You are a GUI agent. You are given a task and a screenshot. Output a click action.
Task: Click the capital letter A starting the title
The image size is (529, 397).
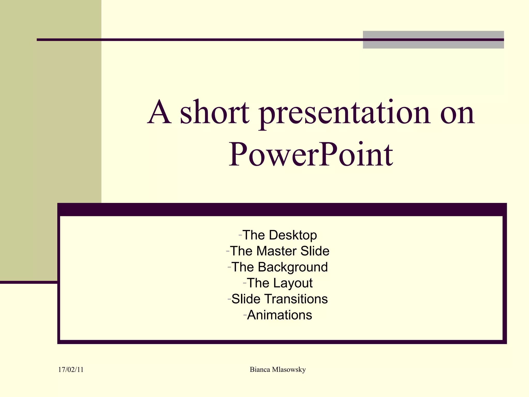[x=159, y=113]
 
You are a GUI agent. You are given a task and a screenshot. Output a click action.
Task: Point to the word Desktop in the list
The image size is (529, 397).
[x=293, y=235]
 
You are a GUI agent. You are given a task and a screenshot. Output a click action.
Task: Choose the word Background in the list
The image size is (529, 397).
[x=293, y=267]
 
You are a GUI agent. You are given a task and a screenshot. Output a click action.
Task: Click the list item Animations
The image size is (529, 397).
[x=279, y=315]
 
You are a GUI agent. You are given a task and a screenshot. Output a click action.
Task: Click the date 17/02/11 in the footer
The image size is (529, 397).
[x=71, y=370]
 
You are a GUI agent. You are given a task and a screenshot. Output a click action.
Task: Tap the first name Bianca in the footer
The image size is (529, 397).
[x=260, y=370]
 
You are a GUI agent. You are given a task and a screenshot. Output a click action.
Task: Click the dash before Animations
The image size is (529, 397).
[x=245, y=315]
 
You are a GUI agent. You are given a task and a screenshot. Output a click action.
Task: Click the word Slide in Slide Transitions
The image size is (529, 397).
[x=246, y=299]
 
